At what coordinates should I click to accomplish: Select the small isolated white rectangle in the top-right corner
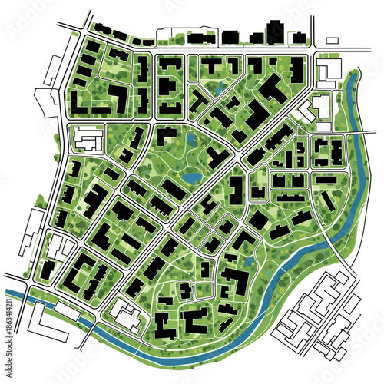332,40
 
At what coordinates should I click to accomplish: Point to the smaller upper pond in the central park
191,141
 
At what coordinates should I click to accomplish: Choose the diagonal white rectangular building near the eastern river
306,112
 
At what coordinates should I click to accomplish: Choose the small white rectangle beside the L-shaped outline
67,314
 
